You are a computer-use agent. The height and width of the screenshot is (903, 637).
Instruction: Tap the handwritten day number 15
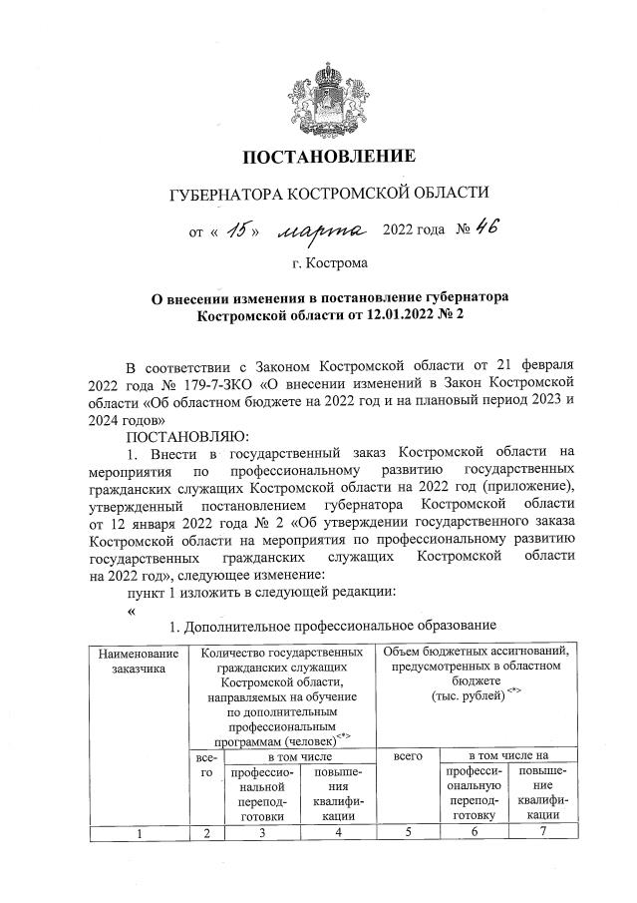237,230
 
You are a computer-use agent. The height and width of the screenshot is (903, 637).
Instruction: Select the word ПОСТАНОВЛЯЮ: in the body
177,436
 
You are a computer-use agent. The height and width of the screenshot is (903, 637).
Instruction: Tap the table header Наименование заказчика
139,661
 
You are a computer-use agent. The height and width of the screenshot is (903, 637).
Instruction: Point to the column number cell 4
338,832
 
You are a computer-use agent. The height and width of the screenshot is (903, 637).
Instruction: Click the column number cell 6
474,832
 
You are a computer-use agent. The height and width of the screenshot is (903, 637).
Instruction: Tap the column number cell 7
543,832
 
